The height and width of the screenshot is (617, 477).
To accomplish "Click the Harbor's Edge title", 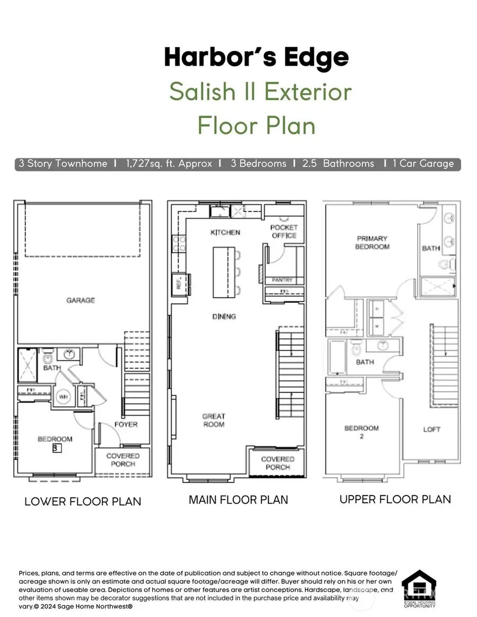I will tap(257, 57).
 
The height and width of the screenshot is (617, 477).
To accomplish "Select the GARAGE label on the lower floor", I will tap(81, 300).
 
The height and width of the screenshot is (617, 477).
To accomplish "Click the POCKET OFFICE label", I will tap(285, 231).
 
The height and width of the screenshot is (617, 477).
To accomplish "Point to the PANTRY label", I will tap(282, 279).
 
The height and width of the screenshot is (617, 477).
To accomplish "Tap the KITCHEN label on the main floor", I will tap(225, 232).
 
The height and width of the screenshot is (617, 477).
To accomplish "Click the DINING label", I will tap(224, 316).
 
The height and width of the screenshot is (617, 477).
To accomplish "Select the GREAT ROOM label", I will tap(214, 420).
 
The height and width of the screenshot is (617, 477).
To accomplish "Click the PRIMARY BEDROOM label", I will tap(372, 243).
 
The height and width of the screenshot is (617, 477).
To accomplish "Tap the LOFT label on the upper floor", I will tap(431, 429).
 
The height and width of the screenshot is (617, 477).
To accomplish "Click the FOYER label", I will tap(126, 424).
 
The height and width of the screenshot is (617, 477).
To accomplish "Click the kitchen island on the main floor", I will tap(223, 271).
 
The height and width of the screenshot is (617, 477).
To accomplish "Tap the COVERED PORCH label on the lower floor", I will tap(123, 460).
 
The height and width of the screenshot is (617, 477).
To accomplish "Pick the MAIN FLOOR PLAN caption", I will tap(238, 499).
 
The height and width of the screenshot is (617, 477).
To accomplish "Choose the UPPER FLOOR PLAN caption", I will tap(395, 499).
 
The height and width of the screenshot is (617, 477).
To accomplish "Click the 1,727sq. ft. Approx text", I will tap(170, 163).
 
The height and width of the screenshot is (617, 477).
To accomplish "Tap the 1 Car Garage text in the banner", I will tap(423, 163).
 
